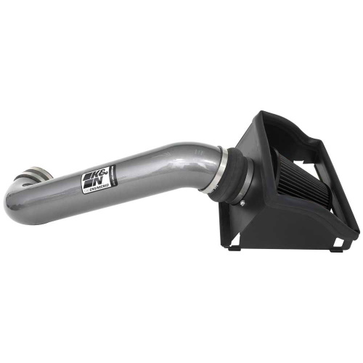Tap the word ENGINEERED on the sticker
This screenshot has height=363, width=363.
99,187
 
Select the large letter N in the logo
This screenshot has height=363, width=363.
101,174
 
